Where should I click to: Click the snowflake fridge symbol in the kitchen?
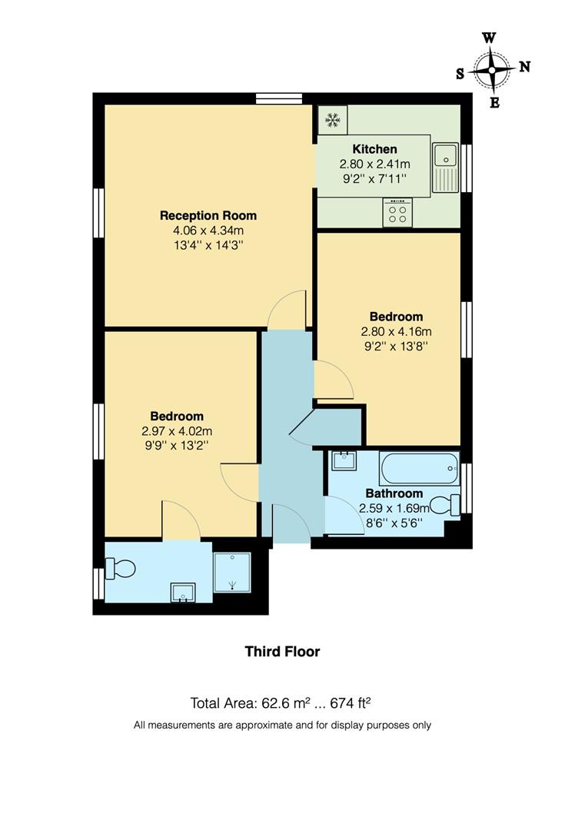[332, 119]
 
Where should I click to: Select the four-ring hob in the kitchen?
[397, 213]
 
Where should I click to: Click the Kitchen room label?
[374, 149]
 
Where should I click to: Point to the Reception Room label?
[208, 215]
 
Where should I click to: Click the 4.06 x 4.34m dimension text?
[208, 231]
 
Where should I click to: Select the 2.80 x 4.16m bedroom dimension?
[396, 332]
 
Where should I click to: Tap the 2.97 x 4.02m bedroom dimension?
[177, 432]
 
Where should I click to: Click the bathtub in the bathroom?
[418, 468]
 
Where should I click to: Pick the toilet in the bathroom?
[444, 505]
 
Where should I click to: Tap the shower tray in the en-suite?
[231, 573]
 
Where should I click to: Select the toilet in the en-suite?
[120, 569]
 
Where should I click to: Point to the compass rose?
[493, 69]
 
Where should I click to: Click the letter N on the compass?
[525, 67]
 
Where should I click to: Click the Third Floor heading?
[282, 652]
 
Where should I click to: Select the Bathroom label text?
[394, 493]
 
